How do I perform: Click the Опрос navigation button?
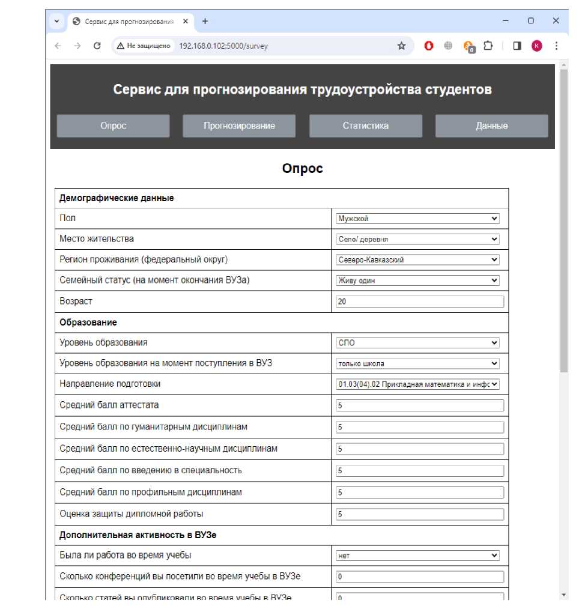(x=113, y=126)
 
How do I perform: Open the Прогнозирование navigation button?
(x=239, y=126)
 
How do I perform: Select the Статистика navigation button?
(x=365, y=126)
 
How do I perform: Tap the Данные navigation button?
(x=491, y=126)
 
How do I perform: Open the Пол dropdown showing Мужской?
(x=417, y=219)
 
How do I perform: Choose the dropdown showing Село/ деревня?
(x=417, y=239)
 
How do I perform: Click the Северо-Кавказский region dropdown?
(x=417, y=260)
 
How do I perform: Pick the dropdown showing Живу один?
(x=417, y=280)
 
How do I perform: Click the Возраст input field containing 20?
(x=419, y=301)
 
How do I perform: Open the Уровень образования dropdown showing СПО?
(x=417, y=343)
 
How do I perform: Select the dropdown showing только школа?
(x=417, y=363)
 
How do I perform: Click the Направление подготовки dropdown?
(x=417, y=384)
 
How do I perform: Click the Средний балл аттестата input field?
(x=419, y=405)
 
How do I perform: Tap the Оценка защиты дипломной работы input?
(x=419, y=514)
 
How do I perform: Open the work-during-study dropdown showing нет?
(x=417, y=556)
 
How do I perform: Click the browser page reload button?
(x=97, y=46)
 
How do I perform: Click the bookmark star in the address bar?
(x=401, y=46)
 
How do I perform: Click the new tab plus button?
(x=205, y=21)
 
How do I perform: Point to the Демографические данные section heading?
(x=117, y=198)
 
